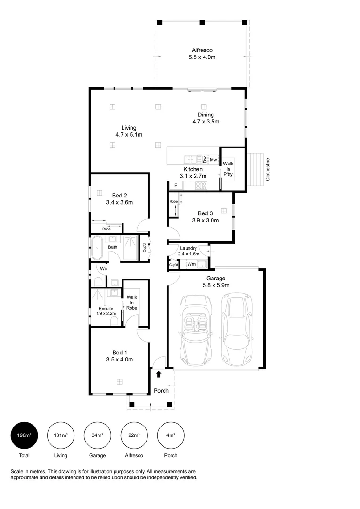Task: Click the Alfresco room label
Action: click(x=202, y=50)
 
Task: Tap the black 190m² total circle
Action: click(x=25, y=435)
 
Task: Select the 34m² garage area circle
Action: click(x=98, y=435)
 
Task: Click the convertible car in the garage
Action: click(x=196, y=329)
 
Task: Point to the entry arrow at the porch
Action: click(x=159, y=374)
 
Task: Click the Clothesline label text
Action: click(x=268, y=169)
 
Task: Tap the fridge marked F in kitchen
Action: click(x=176, y=186)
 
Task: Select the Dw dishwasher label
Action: click(x=205, y=159)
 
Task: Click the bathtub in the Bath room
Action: click(x=97, y=248)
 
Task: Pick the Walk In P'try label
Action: click(x=228, y=169)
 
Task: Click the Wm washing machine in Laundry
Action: click(x=191, y=264)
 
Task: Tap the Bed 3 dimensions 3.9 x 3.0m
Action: click(x=205, y=220)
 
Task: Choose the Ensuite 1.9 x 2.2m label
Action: click(x=106, y=311)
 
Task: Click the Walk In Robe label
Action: click(x=132, y=302)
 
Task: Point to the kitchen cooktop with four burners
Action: click(x=201, y=186)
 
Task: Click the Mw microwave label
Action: click(x=213, y=160)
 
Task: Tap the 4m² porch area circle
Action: click(x=171, y=435)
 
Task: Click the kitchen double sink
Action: click(x=191, y=159)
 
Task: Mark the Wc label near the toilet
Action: click(x=103, y=269)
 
